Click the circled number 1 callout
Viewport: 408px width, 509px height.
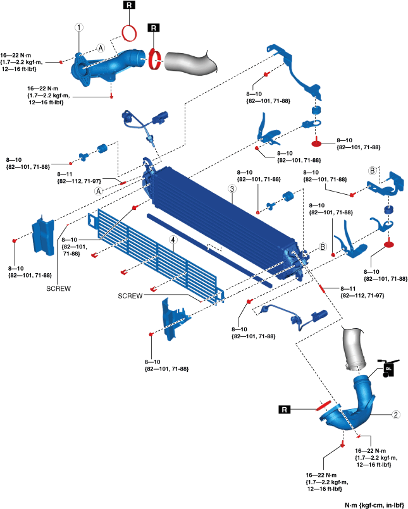coord(78,28)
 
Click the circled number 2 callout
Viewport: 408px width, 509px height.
coord(396,415)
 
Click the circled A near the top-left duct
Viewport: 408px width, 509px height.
coord(101,48)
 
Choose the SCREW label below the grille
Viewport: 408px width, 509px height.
coord(130,295)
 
